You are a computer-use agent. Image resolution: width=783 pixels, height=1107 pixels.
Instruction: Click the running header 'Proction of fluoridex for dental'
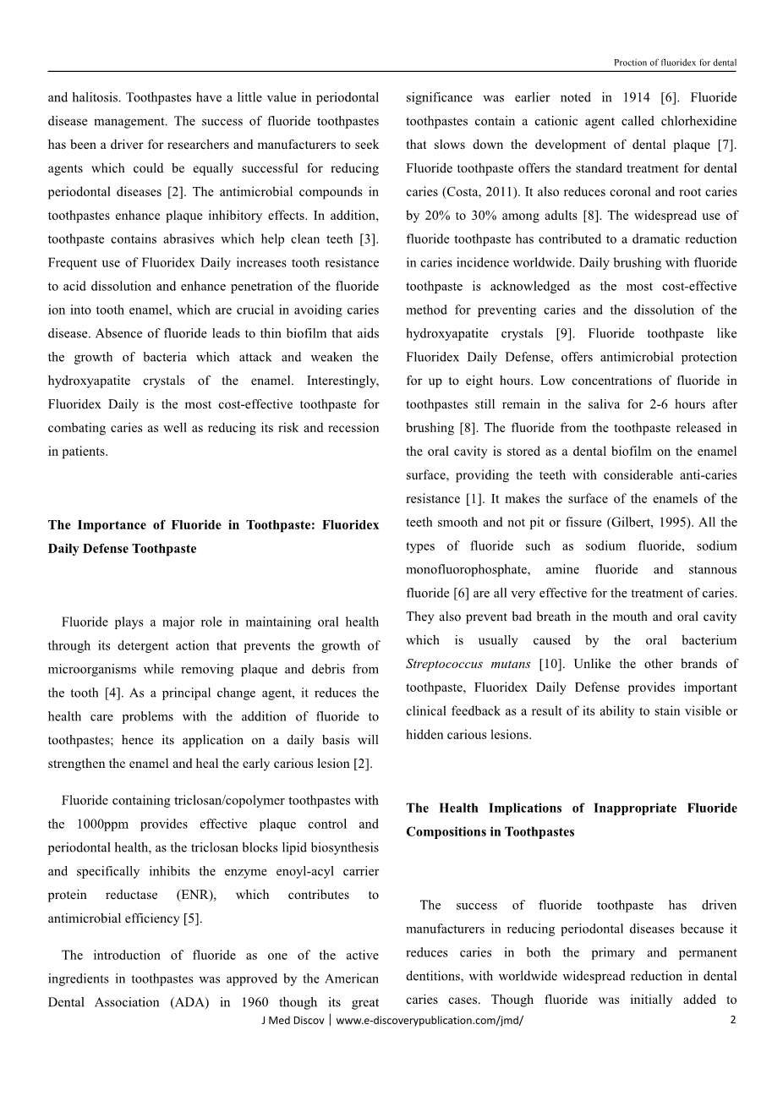click(x=674, y=63)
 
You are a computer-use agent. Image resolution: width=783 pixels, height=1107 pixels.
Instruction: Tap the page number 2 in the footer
click(x=732, y=1020)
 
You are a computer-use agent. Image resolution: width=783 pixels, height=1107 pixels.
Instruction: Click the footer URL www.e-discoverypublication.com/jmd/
click(x=430, y=1021)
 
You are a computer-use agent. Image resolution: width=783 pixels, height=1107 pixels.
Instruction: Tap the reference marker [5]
click(x=192, y=919)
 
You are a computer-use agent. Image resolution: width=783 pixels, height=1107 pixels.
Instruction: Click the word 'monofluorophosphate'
click(x=466, y=570)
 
